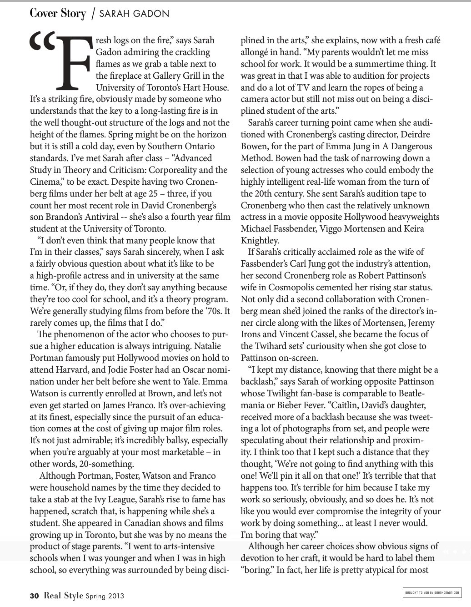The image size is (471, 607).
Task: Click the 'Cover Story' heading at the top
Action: click(x=57, y=14)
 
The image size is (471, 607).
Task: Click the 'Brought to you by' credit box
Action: click(x=432, y=592)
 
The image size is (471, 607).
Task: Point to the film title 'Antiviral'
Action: click(x=127, y=217)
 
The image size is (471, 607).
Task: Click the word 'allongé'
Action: click(x=256, y=52)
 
